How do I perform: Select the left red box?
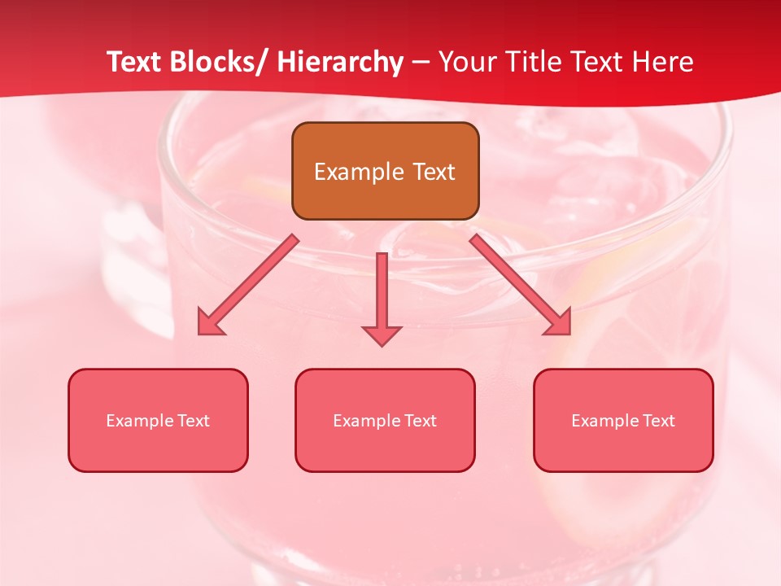click(x=158, y=420)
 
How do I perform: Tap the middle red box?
click(x=385, y=420)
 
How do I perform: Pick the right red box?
click(x=623, y=420)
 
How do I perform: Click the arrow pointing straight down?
click(x=382, y=298)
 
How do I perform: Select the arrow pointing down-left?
click(x=248, y=284)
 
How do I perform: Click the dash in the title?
click(x=421, y=63)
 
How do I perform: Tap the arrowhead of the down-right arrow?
click(x=558, y=322)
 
